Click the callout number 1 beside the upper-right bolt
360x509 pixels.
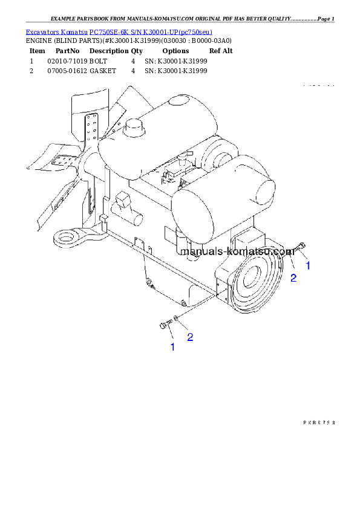[307, 265]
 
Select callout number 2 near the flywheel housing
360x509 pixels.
[293, 277]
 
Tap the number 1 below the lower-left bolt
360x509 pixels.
[172, 347]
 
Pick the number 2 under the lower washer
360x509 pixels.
[190, 337]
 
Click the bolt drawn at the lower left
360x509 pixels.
[165, 326]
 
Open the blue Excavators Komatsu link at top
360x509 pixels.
[119, 31]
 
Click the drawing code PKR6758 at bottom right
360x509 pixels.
[319, 423]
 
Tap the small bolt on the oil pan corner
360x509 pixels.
[148, 281]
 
